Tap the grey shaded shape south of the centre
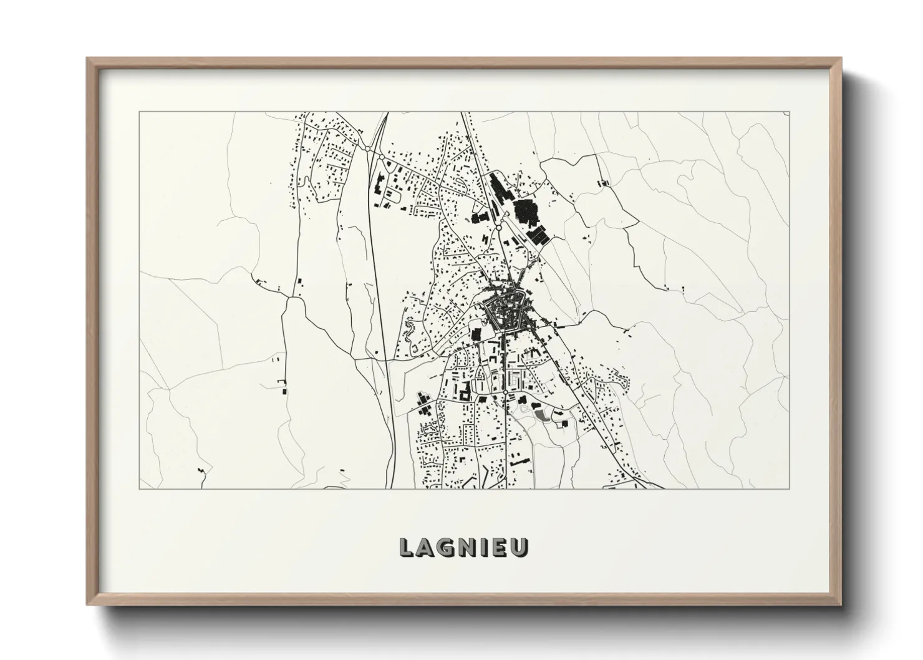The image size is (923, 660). coord(539,415)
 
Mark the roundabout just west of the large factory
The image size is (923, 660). coord(499,228)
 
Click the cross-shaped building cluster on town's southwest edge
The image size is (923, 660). coord(464,392)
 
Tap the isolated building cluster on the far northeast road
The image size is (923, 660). coord(602,183)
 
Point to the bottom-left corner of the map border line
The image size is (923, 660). coord(139,488)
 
